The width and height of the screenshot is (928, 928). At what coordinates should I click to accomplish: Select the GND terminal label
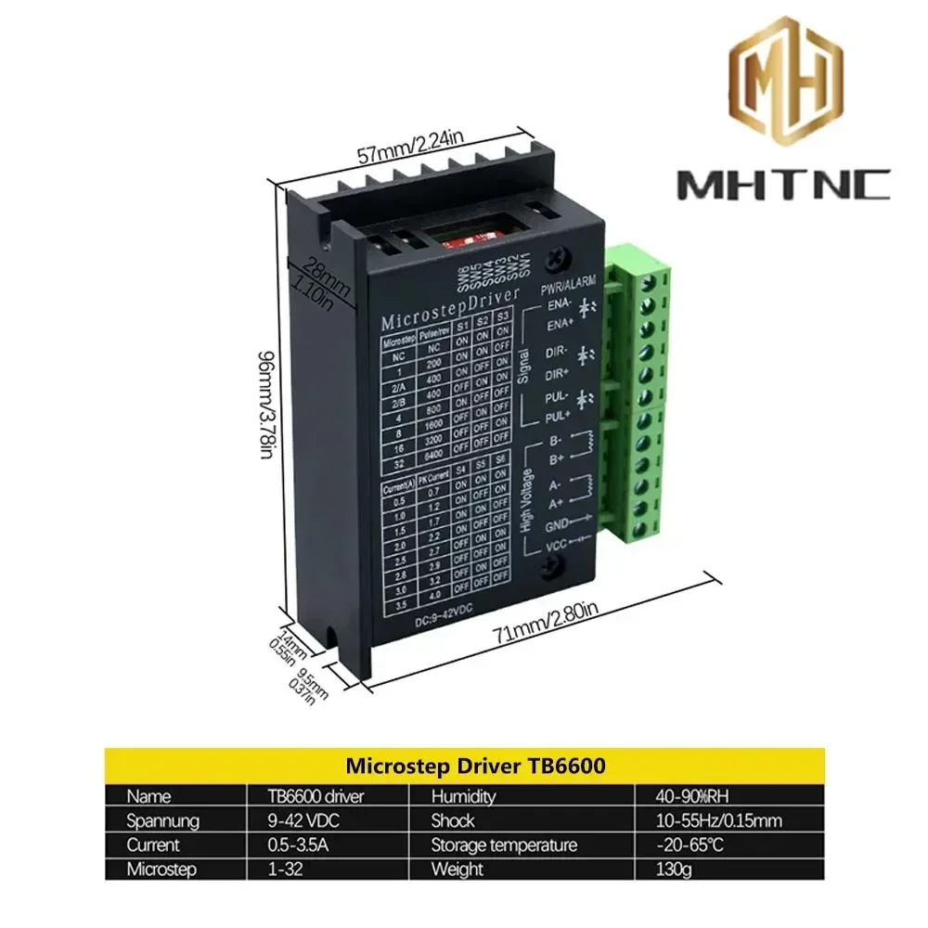[x=558, y=525]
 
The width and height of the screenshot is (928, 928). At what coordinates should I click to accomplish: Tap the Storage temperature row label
[x=503, y=845]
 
